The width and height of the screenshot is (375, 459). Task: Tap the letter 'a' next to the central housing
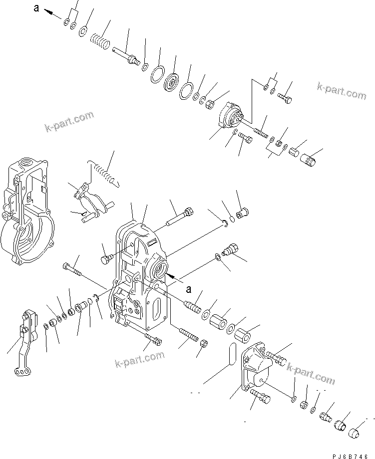click(188, 288)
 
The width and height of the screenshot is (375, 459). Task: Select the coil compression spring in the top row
click(100, 39)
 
